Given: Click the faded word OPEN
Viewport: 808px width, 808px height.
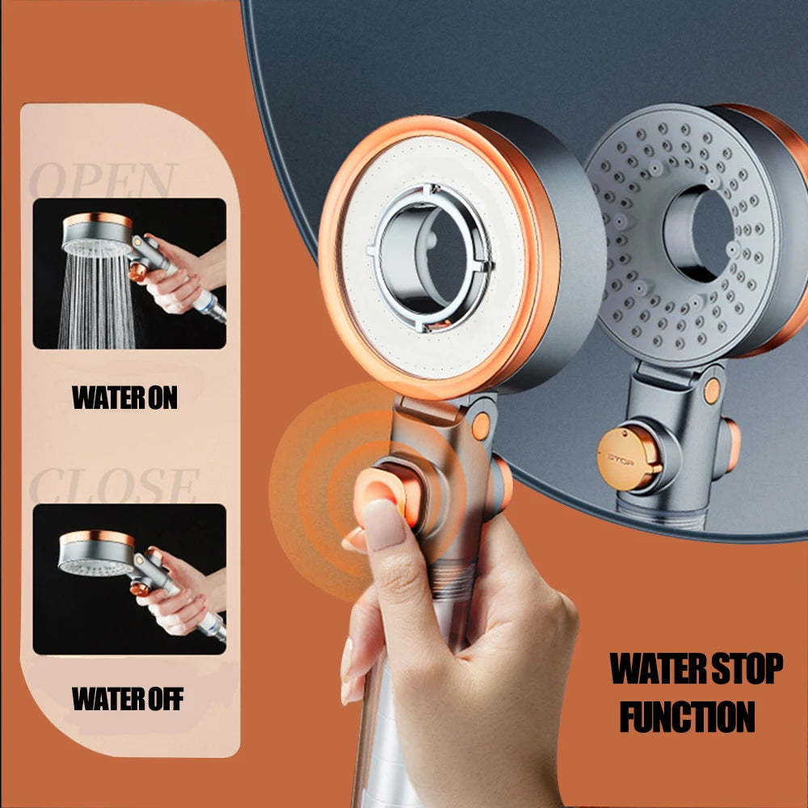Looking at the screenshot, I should (103, 179).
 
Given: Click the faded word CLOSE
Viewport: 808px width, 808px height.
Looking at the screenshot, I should (113, 485).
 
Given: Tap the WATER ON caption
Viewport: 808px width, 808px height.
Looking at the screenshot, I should (124, 398).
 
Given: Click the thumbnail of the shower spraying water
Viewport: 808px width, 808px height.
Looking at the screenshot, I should (128, 273).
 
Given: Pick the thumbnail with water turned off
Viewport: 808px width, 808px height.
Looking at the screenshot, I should (128, 579).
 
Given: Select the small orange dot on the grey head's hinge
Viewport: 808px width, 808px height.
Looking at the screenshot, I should (712, 390).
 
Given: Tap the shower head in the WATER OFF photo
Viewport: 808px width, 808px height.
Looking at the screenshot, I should (95, 553).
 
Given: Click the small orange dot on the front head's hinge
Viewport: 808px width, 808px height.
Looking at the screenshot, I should (482, 427).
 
